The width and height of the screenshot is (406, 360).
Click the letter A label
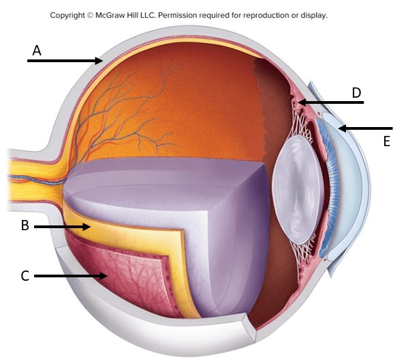(x=37, y=51)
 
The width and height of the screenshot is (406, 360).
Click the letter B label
(x=25, y=225)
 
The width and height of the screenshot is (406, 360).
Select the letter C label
(x=25, y=276)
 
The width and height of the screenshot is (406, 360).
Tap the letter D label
(x=357, y=92)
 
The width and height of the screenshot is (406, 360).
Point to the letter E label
(x=387, y=141)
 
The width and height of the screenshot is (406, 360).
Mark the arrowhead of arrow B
(x=87, y=227)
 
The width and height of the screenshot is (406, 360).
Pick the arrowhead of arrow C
(x=103, y=276)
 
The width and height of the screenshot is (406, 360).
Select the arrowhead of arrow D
(x=302, y=102)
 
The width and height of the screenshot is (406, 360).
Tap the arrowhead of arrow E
(x=343, y=128)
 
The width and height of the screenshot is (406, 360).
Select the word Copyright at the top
(x=68, y=16)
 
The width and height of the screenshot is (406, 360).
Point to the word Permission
(x=177, y=15)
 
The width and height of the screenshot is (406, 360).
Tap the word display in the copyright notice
(x=314, y=16)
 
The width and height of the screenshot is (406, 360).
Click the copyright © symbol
(x=90, y=15)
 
